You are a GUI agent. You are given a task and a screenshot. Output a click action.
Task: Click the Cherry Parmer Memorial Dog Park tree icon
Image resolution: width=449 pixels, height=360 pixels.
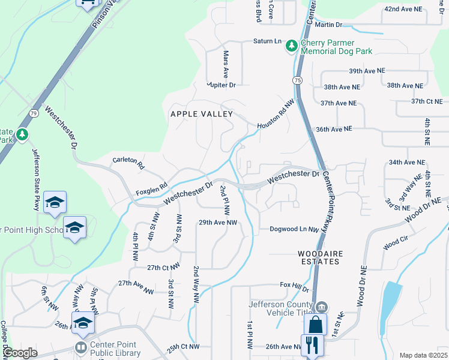tap(292, 46)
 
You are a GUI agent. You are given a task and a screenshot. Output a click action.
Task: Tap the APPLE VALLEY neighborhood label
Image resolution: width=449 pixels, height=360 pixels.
tap(201, 114)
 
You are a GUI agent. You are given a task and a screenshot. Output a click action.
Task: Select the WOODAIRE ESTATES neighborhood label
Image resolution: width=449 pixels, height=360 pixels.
tap(321, 258)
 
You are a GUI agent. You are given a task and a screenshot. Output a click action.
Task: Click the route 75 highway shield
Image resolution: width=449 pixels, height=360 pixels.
tap(298, 80)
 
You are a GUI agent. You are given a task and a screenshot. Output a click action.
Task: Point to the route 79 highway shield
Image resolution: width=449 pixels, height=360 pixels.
tap(34, 112)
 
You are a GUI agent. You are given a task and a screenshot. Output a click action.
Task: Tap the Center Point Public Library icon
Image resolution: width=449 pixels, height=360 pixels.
tap(81, 347)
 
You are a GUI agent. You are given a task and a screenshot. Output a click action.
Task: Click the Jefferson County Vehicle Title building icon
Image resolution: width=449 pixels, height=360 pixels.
tap(322, 308)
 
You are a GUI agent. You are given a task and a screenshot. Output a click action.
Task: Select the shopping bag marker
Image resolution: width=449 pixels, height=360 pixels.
tap(315, 325)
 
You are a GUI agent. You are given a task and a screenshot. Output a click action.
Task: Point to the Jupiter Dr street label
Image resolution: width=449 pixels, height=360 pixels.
tap(221, 85)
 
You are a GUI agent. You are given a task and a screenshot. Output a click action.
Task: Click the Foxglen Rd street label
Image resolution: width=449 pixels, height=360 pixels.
tap(150, 189)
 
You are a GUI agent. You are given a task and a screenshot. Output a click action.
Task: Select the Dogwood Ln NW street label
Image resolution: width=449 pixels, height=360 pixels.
tap(293, 229)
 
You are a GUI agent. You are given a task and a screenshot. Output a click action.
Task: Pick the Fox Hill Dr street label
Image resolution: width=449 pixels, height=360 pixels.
tap(294, 289)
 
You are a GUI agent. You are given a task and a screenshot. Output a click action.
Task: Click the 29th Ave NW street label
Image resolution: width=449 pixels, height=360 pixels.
tap(218, 223)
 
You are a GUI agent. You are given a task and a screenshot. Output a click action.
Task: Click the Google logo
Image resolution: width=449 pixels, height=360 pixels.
tap(20, 353)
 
